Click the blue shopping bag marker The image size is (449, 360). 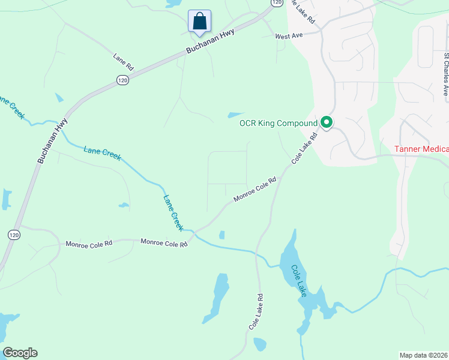(x=199, y=21)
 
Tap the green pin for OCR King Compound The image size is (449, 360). (x=327, y=123)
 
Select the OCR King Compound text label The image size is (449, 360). (x=278, y=124)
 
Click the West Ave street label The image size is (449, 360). (x=289, y=37)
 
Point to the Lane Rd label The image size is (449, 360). (x=124, y=61)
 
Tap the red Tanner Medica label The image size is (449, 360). (x=421, y=149)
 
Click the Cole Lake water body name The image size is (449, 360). (x=299, y=280)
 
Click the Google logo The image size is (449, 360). (x=20, y=353)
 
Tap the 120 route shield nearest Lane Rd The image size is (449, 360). (x=121, y=80)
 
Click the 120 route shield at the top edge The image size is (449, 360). (x=276, y=3)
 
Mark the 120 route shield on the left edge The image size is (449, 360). (x=11, y=235)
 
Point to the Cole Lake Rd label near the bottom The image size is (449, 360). (x=256, y=311)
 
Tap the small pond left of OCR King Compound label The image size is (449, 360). (x=235, y=115)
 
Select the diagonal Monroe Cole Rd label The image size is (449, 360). (x=255, y=189)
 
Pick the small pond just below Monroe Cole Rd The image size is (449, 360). (x=222, y=235)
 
